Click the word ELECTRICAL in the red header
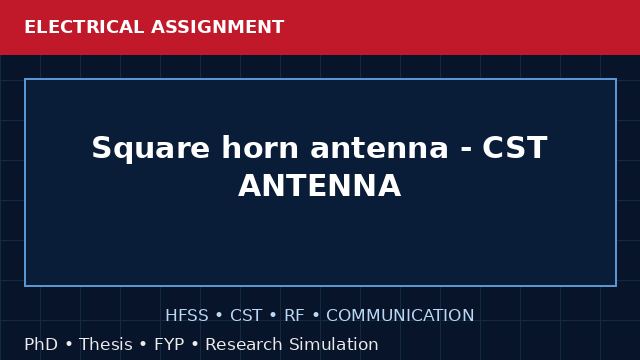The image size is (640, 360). (x=84, y=27)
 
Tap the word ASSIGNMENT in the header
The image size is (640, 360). (x=217, y=27)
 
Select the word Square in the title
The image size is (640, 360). (x=150, y=149)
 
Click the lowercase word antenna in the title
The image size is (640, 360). (x=379, y=148)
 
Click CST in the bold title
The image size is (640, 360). (x=515, y=147)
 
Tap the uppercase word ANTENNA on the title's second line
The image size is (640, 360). (x=320, y=185)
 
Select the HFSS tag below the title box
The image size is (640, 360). (x=187, y=316)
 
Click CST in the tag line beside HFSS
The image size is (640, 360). (x=246, y=316)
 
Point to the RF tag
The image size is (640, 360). (x=294, y=316)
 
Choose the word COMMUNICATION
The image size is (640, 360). (x=400, y=316)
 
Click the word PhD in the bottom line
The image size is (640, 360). (x=41, y=344)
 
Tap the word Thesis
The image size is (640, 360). (x=106, y=344)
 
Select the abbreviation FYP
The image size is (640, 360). (x=169, y=344)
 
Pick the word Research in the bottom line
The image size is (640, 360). (x=243, y=344)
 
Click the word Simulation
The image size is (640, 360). (x=334, y=344)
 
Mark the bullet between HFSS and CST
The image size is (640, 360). (x=219, y=316)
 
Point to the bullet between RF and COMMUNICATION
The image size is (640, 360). (x=315, y=316)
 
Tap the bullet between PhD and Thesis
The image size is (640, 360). (x=68, y=344)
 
